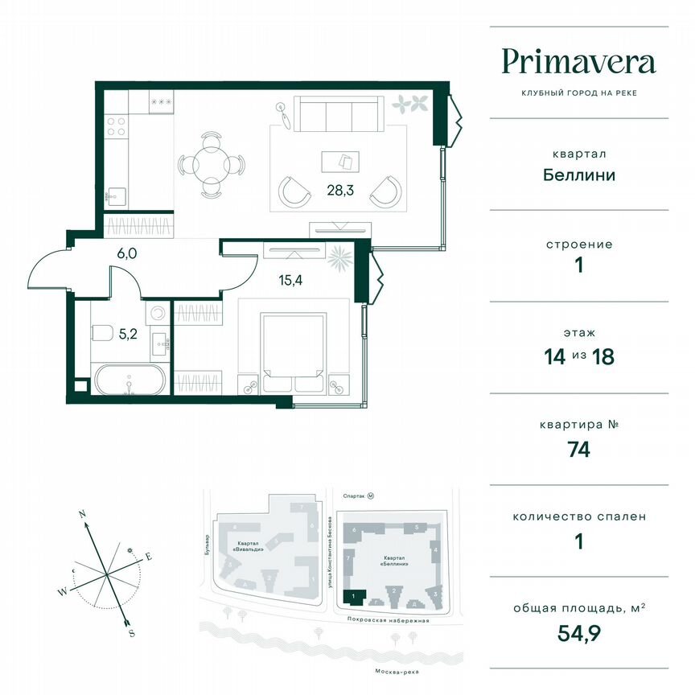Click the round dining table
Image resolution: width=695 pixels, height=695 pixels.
[211, 166]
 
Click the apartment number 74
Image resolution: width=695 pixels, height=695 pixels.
[578, 450]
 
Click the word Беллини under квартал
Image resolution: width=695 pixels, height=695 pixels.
[578, 175]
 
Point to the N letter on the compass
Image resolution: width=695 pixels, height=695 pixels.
[82, 512]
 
